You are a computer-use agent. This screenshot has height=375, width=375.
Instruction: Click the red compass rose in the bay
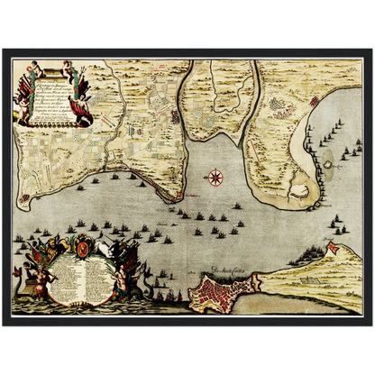pos(215,177)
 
